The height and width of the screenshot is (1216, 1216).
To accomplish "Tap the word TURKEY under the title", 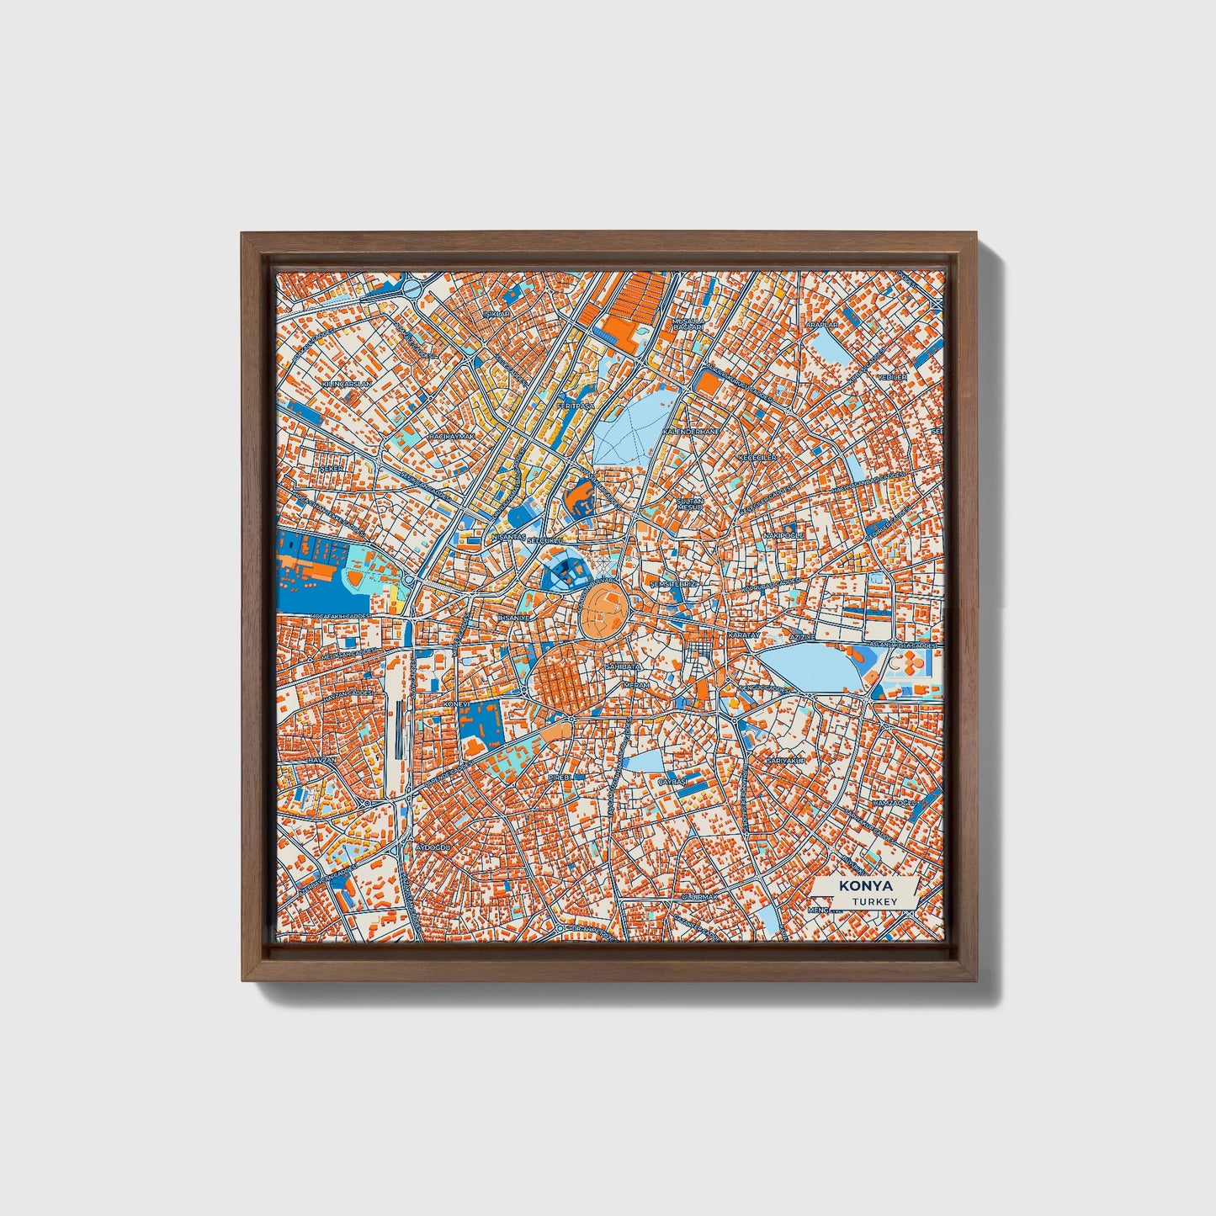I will [x=873, y=902].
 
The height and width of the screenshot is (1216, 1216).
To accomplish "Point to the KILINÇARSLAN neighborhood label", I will [x=346, y=384].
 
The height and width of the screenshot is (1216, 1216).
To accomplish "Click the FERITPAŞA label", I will [x=575, y=406].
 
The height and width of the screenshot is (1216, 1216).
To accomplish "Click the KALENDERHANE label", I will [x=692, y=431].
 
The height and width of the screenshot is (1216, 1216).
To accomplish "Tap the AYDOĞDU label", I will [x=434, y=847].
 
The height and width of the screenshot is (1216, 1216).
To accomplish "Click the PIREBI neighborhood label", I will [x=560, y=777].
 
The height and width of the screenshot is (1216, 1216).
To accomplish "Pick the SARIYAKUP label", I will [x=786, y=761].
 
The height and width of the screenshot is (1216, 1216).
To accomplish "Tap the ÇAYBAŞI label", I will [x=672, y=782].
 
